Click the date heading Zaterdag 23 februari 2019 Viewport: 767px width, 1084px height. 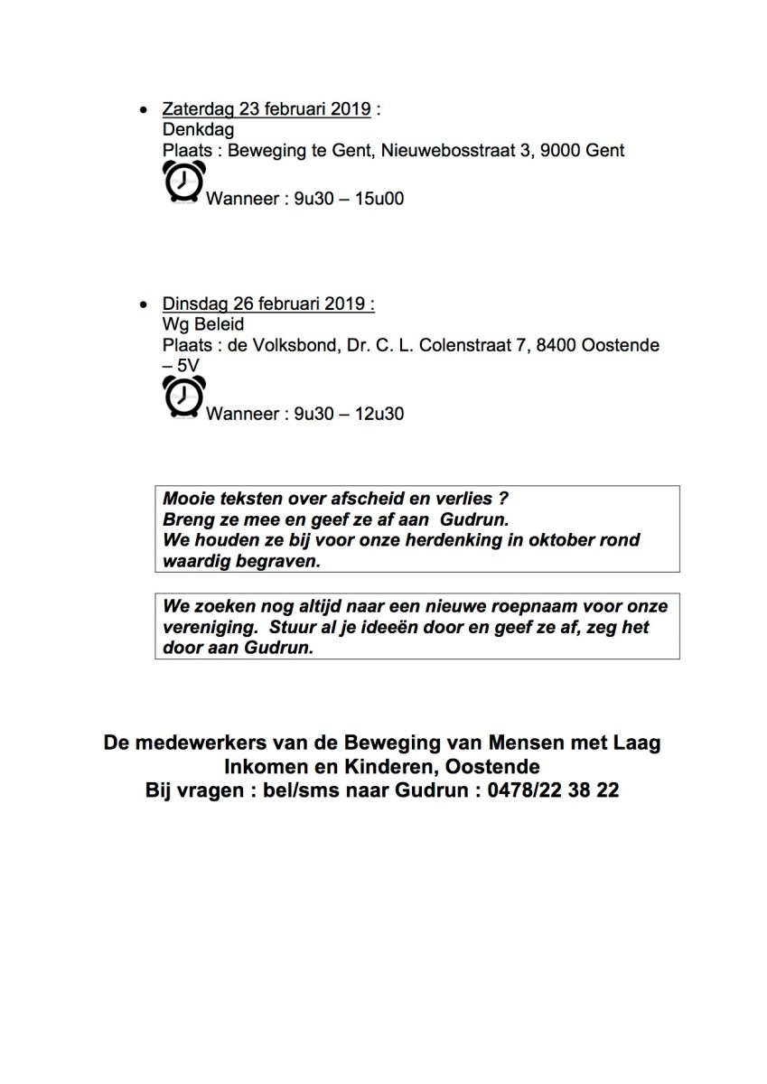tap(267, 109)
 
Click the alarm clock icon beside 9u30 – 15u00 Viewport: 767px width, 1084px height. tap(183, 182)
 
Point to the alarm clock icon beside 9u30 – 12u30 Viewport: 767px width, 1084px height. tap(183, 397)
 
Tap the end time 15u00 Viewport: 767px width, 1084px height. tap(380, 198)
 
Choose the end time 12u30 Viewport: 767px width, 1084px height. tap(380, 415)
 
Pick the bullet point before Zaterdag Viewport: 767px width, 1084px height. tap(143, 110)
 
